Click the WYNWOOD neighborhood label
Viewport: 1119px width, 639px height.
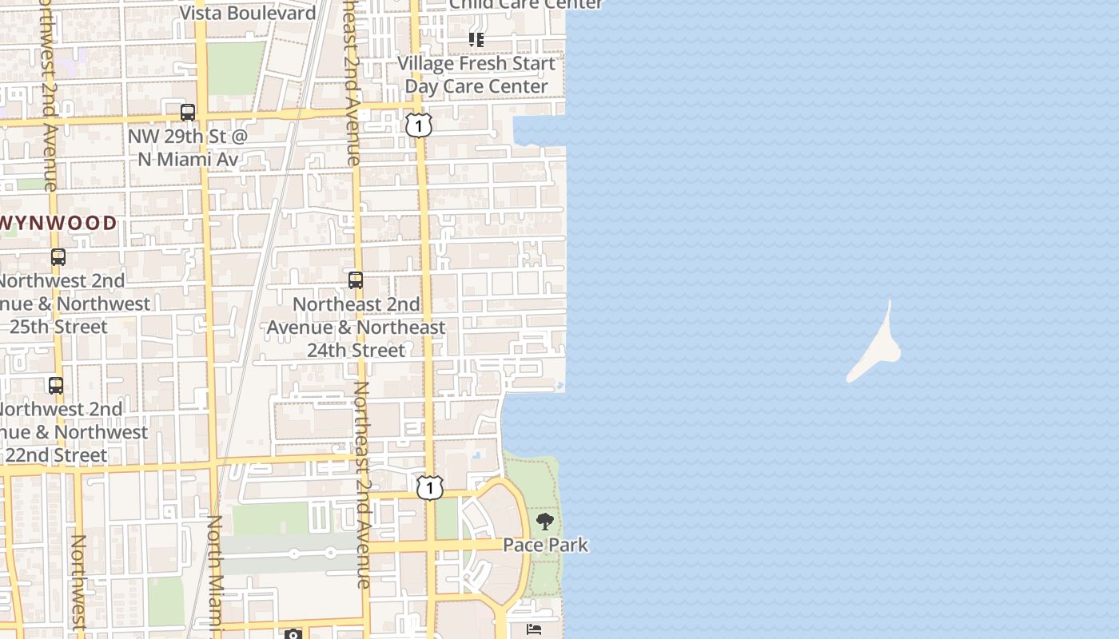(x=59, y=223)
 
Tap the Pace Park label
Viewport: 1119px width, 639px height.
(x=545, y=545)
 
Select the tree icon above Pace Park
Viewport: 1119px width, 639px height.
(x=545, y=522)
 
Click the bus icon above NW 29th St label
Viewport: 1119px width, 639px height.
(x=188, y=113)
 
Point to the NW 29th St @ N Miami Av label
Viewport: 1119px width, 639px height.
(x=188, y=148)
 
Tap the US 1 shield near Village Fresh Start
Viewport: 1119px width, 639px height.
(x=418, y=125)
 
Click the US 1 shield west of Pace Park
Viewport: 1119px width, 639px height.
(x=429, y=487)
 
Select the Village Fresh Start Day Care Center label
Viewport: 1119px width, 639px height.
(x=477, y=74)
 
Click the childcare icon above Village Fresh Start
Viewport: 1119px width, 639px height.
(x=476, y=39)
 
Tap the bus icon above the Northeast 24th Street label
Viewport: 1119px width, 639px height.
(x=356, y=280)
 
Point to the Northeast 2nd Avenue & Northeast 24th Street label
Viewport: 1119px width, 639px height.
(x=356, y=327)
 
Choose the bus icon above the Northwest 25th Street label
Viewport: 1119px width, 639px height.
(x=58, y=257)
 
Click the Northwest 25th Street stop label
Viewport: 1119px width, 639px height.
(x=64, y=304)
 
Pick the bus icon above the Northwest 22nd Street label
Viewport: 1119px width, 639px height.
(x=56, y=386)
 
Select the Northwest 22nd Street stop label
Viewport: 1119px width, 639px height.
(x=64, y=432)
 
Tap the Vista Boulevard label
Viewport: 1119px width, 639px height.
(x=248, y=13)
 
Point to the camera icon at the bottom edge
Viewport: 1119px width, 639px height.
(x=293, y=634)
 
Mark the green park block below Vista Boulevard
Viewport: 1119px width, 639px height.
(x=236, y=68)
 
